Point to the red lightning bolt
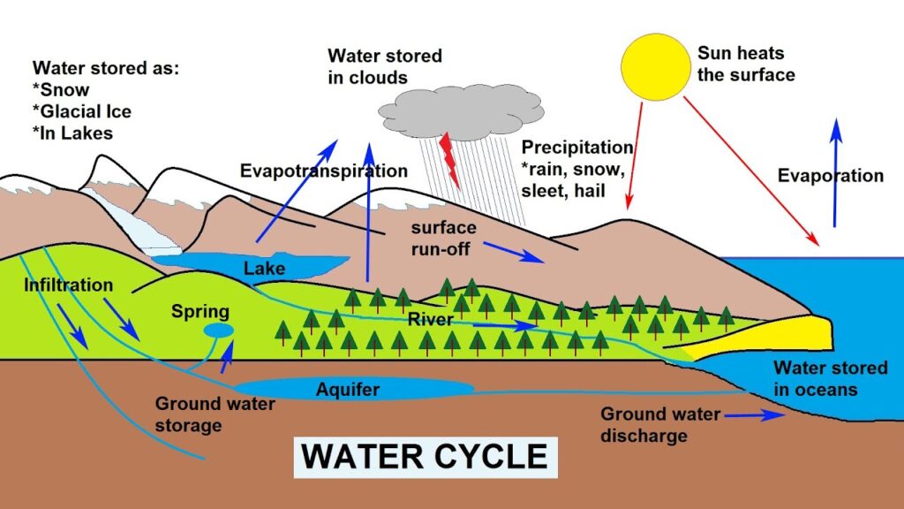point(451,160)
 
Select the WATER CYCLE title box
point(425,456)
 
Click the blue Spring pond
point(218,330)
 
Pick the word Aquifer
point(350,388)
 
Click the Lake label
point(264,266)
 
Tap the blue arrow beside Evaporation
point(834,172)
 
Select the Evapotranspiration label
point(324,171)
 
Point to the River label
point(430,318)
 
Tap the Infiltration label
point(69,285)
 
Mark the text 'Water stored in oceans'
point(816,377)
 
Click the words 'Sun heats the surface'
point(746,64)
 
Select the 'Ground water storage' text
point(202,414)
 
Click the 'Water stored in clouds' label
point(384,66)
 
